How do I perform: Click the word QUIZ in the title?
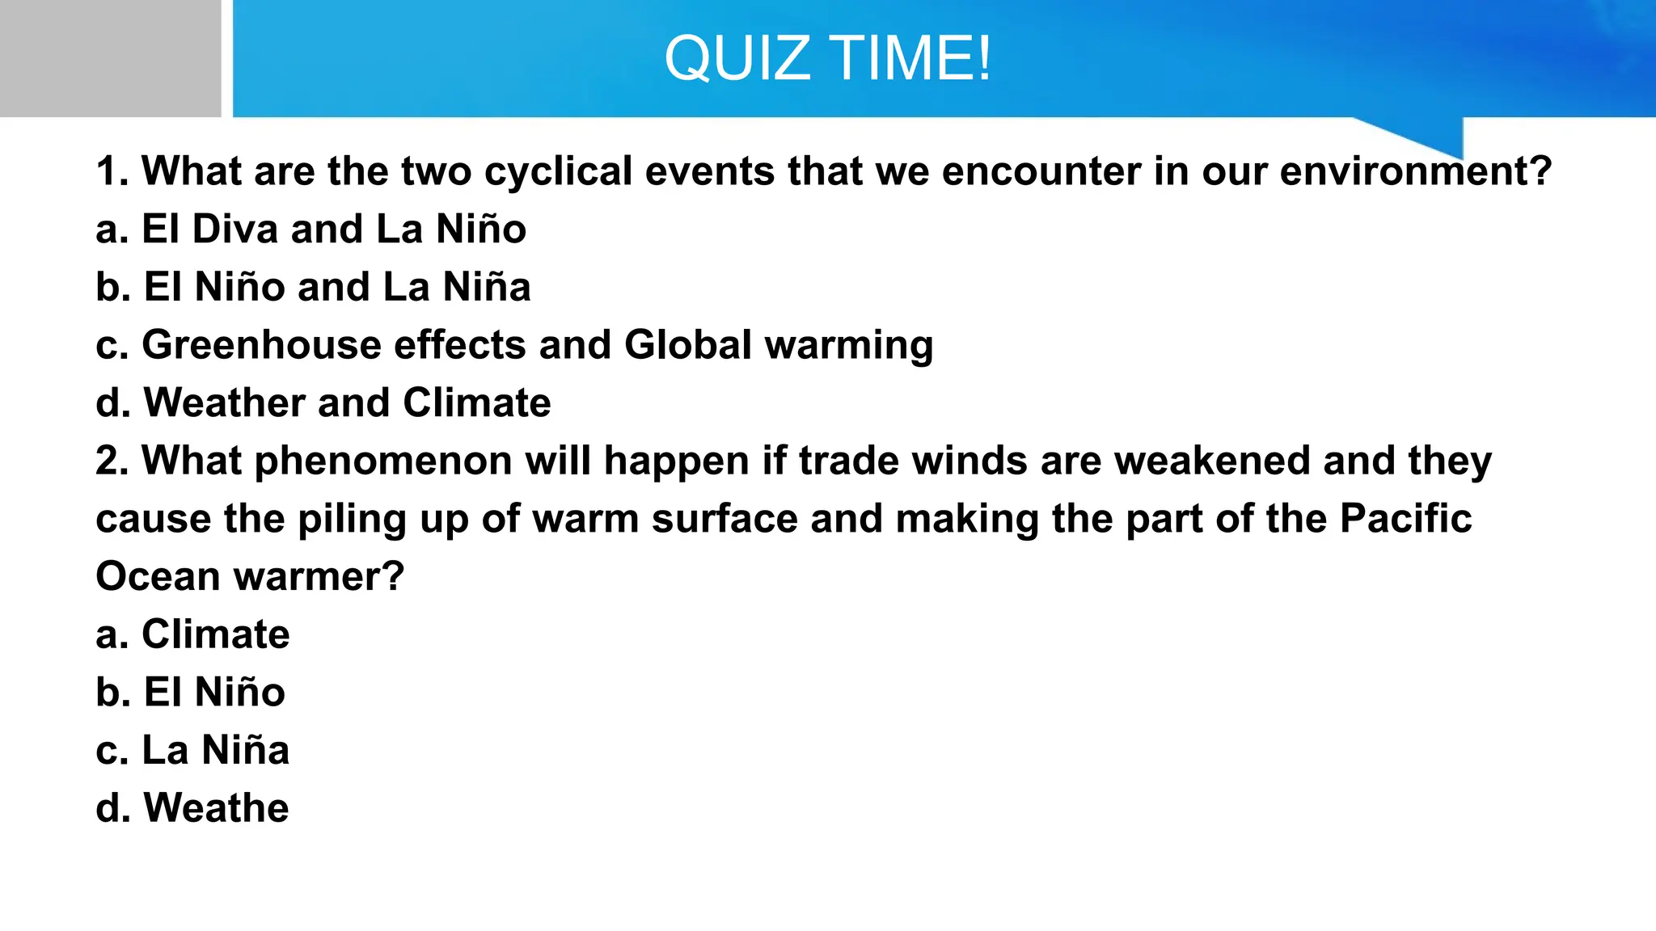(x=737, y=59)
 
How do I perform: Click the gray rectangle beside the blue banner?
(x=110, y=58)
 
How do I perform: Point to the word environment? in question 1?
(x=1416, y=172)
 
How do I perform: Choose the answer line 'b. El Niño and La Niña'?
(x=313, y=288)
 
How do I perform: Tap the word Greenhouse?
(x=261, y=346)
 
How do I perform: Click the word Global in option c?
(x=688, y=345)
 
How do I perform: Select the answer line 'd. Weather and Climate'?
(x=323, y=403)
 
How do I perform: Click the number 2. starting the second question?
(x=112, y=461)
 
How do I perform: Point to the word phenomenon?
(x=383, y=461)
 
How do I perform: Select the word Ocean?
(x=158, y=577)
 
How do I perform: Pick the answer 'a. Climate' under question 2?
(x=192, y=634)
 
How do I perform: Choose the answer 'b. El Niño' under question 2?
(x=190, y=693)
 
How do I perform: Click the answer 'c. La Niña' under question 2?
(x=192, y=751)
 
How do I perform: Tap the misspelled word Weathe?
(x=216, y=808)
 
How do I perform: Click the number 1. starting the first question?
(x=112, y=172)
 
